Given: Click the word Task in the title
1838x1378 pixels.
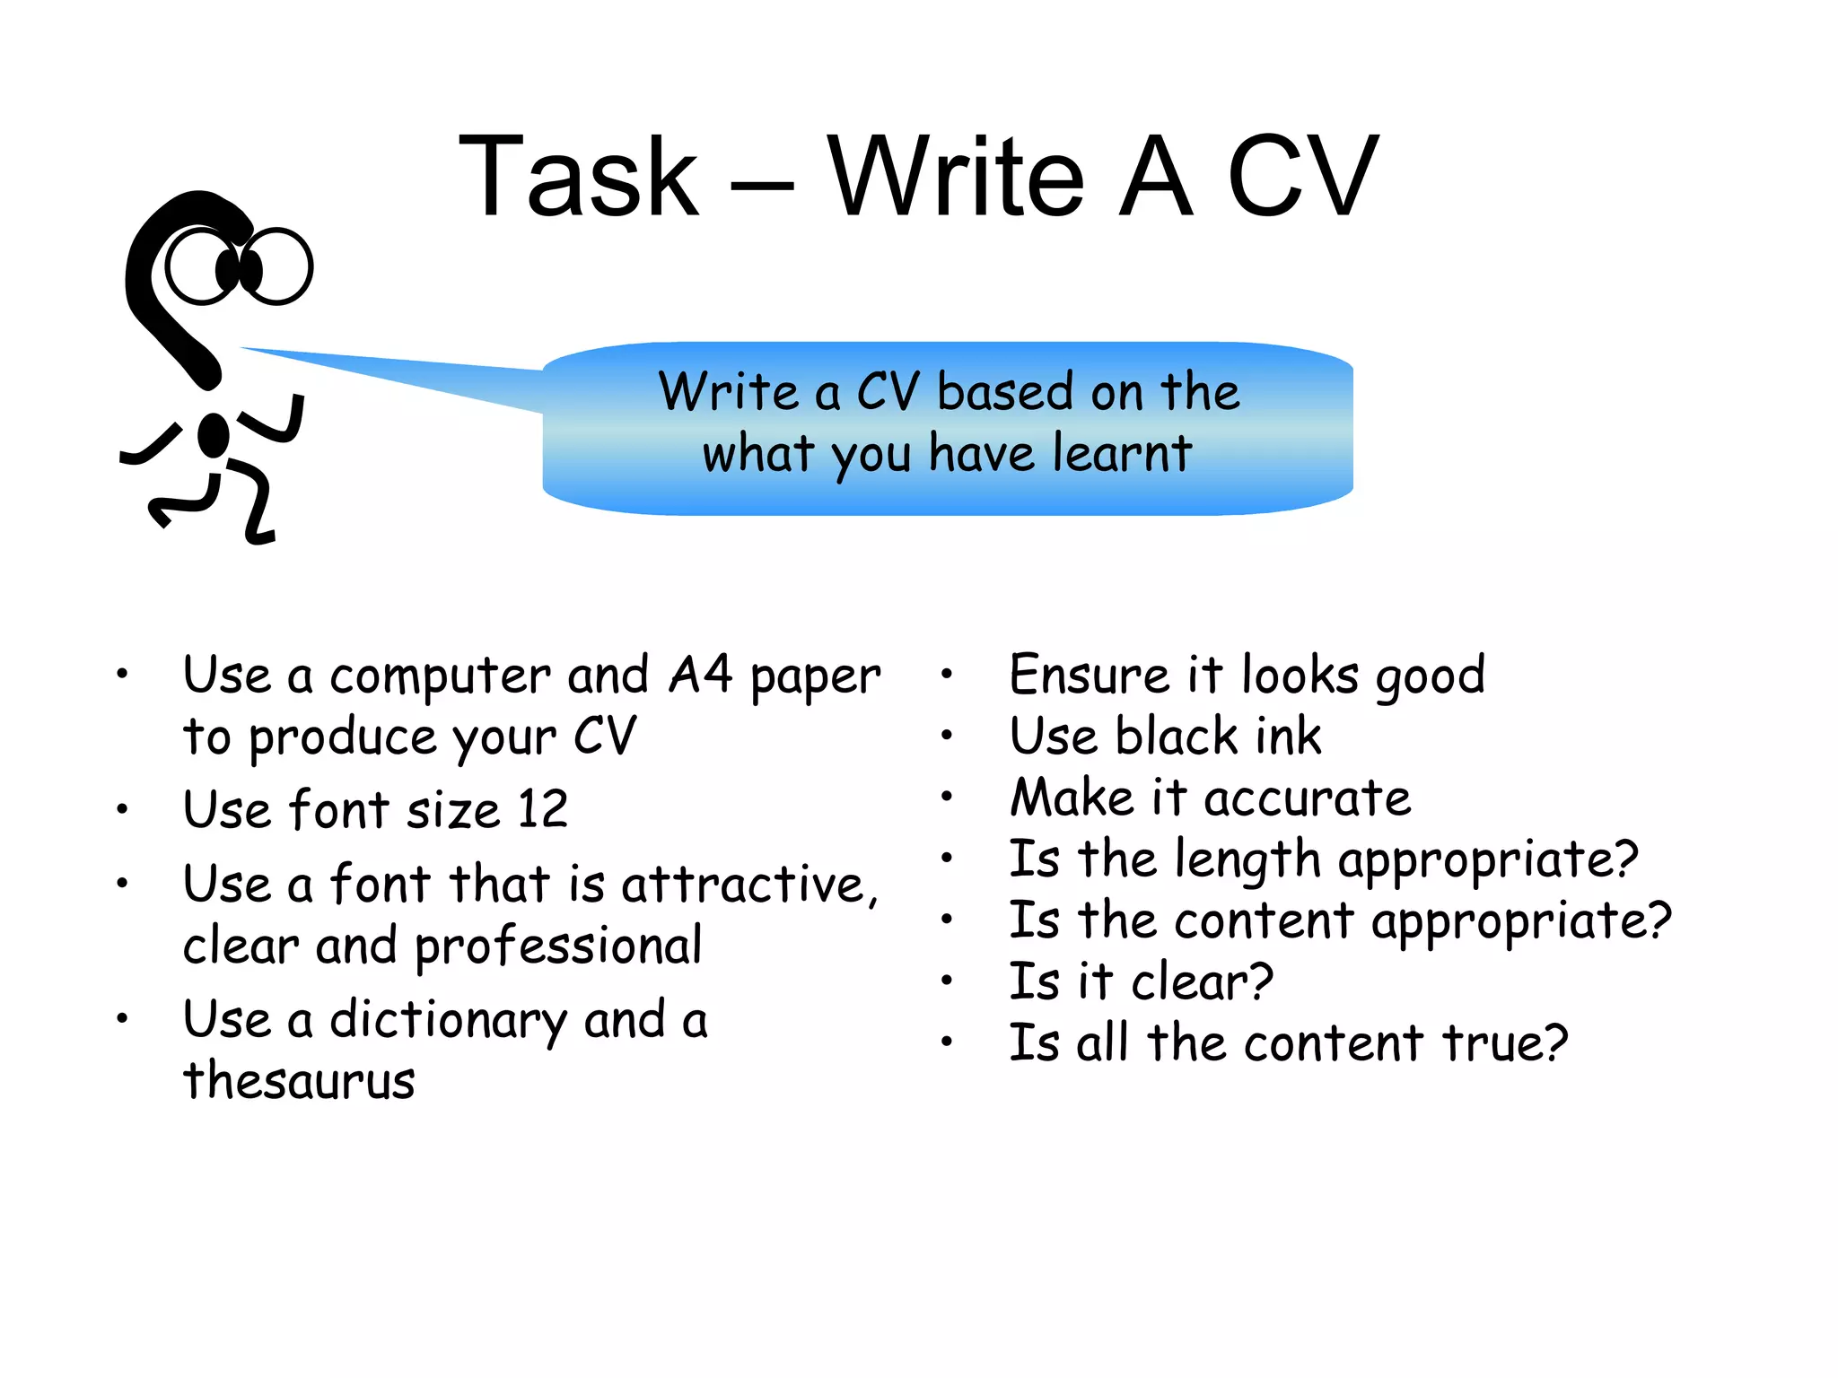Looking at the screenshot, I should (578, 176).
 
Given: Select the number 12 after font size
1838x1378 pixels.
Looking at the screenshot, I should (542, 809).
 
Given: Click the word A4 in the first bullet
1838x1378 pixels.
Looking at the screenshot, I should (700, 675).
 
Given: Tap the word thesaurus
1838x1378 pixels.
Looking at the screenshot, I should (300, 1080).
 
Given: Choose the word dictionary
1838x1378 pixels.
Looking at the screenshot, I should (448, 1021).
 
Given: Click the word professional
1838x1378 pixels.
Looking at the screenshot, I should (558, 947).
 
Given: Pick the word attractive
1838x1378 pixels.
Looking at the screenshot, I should (745, 885).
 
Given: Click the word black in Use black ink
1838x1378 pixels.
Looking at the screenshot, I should (1175, 737).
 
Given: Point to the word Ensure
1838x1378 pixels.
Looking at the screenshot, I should (1088, 675).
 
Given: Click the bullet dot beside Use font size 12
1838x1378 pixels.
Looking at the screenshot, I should (123, 810).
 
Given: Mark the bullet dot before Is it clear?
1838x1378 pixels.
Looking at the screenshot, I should (947, 981).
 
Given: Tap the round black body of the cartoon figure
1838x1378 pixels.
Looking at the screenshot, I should (214, 435).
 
